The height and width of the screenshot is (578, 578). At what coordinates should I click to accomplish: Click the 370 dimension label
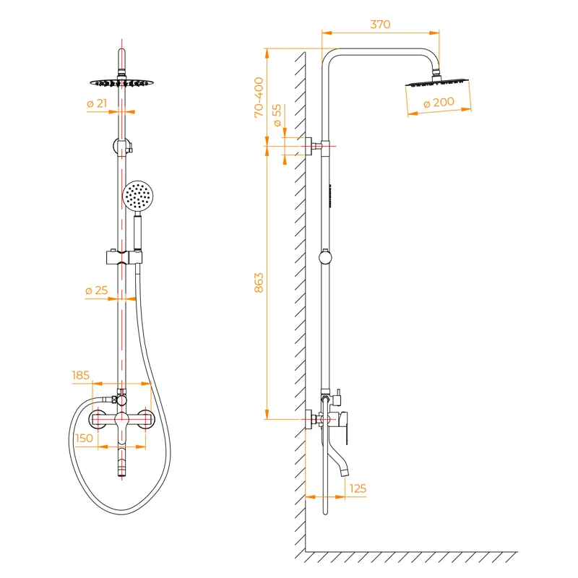click(x=380, y=25)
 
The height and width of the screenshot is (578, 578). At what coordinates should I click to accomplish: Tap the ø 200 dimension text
click(x=439, y=103)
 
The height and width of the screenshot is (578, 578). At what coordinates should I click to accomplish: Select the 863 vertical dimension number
click(x=259, y=282)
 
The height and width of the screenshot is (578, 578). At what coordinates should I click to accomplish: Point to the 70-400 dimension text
click(x=259, y=98)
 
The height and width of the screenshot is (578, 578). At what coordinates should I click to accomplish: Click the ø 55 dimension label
click(x=277, y=115)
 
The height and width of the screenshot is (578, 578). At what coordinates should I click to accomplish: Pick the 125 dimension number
click(x=357, y=488)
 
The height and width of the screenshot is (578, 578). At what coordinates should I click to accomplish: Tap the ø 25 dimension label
click(x=96, y=290)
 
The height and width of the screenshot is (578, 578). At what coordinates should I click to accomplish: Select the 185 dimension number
click(x=81, y=375)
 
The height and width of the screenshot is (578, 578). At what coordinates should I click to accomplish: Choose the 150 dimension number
click(x=84, y=438)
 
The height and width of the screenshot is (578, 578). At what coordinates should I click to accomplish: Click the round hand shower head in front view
click(x=137, y=197)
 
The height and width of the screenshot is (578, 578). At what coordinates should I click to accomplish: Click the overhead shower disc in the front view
click(x=121, y=82)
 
